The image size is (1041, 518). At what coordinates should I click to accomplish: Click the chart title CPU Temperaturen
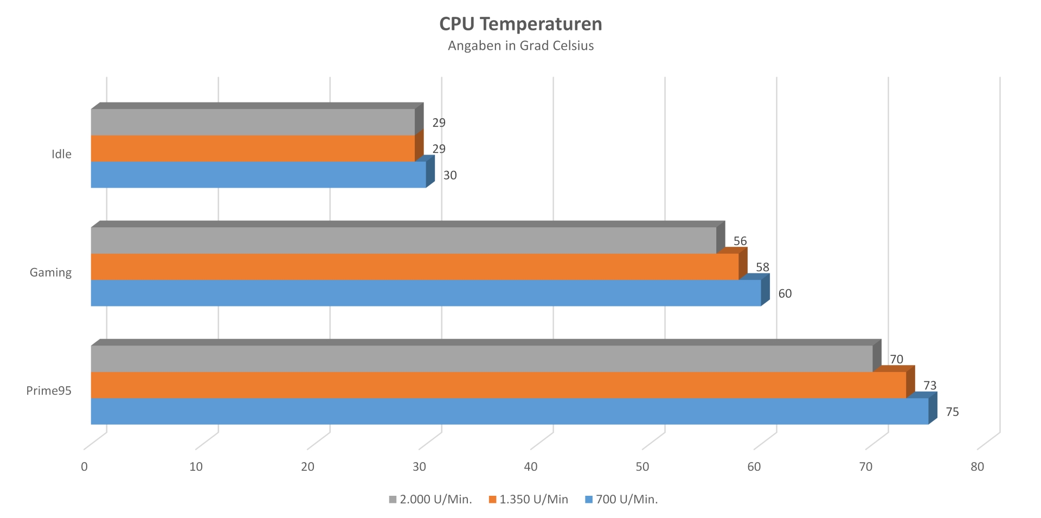point(520,24)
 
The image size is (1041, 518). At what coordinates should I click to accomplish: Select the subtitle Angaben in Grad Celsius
point(520,46)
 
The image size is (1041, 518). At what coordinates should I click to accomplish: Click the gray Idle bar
point(253,122)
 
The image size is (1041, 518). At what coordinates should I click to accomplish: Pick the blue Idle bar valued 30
point(258,175)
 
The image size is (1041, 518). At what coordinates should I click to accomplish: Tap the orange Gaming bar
point(414,267)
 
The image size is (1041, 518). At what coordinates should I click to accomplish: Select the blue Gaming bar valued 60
point(426,293)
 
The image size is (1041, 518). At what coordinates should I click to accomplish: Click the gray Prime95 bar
point(481,359)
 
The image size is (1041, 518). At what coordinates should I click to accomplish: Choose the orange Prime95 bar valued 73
point(498,385)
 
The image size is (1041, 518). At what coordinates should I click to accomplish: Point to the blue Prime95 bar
point(509,411)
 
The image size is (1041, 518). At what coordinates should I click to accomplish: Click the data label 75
point(952,412)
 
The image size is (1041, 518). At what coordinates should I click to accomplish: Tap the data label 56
point(740,241)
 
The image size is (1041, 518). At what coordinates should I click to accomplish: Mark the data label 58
point(762,267)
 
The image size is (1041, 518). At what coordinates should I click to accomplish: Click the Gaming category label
point(50,272)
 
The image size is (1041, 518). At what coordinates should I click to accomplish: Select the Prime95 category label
point(49,391)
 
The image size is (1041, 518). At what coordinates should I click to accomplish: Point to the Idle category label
point(61,154)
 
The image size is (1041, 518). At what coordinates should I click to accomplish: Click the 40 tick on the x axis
point(530,466)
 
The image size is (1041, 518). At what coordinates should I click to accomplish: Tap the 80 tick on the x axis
point(977,466)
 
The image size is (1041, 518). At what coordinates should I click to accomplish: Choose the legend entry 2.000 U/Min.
point(430,500)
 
